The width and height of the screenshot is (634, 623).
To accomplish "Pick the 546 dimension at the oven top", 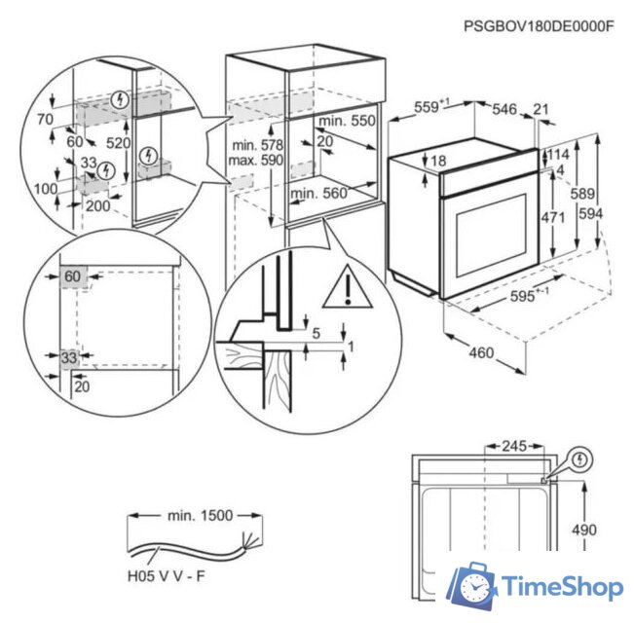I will click(503, 109).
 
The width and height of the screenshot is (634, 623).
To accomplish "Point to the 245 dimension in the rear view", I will click(513, 446).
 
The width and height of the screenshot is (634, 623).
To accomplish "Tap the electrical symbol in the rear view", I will click(580, 458).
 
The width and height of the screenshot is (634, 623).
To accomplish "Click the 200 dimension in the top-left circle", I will click(97, 206).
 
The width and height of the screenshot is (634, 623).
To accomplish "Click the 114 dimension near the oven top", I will click(558, 154).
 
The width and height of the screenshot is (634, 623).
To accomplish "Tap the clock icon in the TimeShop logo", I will click(475, 588).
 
